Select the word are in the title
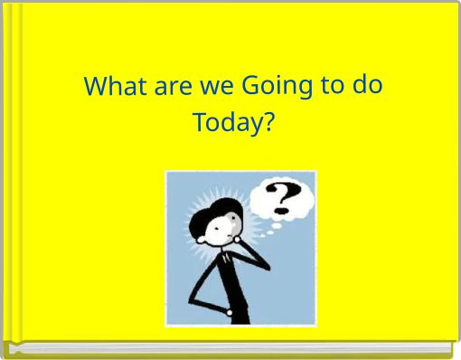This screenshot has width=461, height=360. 165,88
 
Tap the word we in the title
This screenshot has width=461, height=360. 210,88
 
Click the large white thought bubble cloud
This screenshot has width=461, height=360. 283,199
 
